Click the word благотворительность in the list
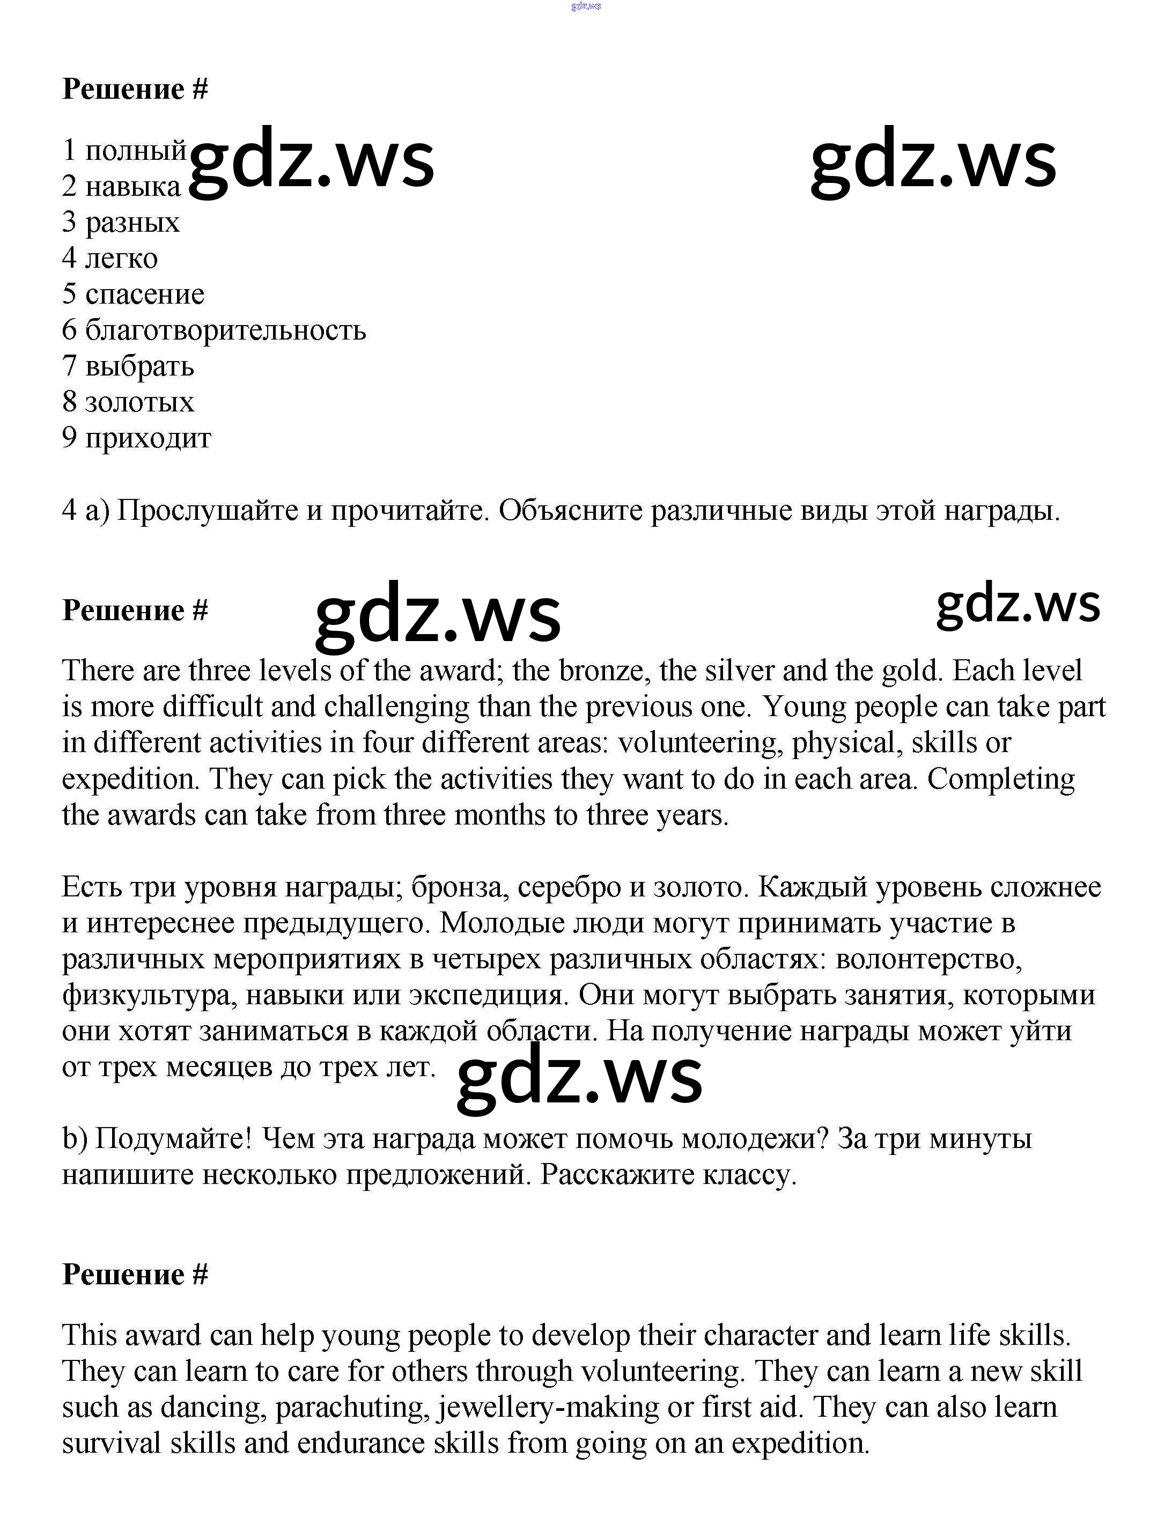(225, 330)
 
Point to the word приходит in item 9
(148, 438)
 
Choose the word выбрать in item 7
(139, 366)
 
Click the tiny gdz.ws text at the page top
(585, 6)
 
